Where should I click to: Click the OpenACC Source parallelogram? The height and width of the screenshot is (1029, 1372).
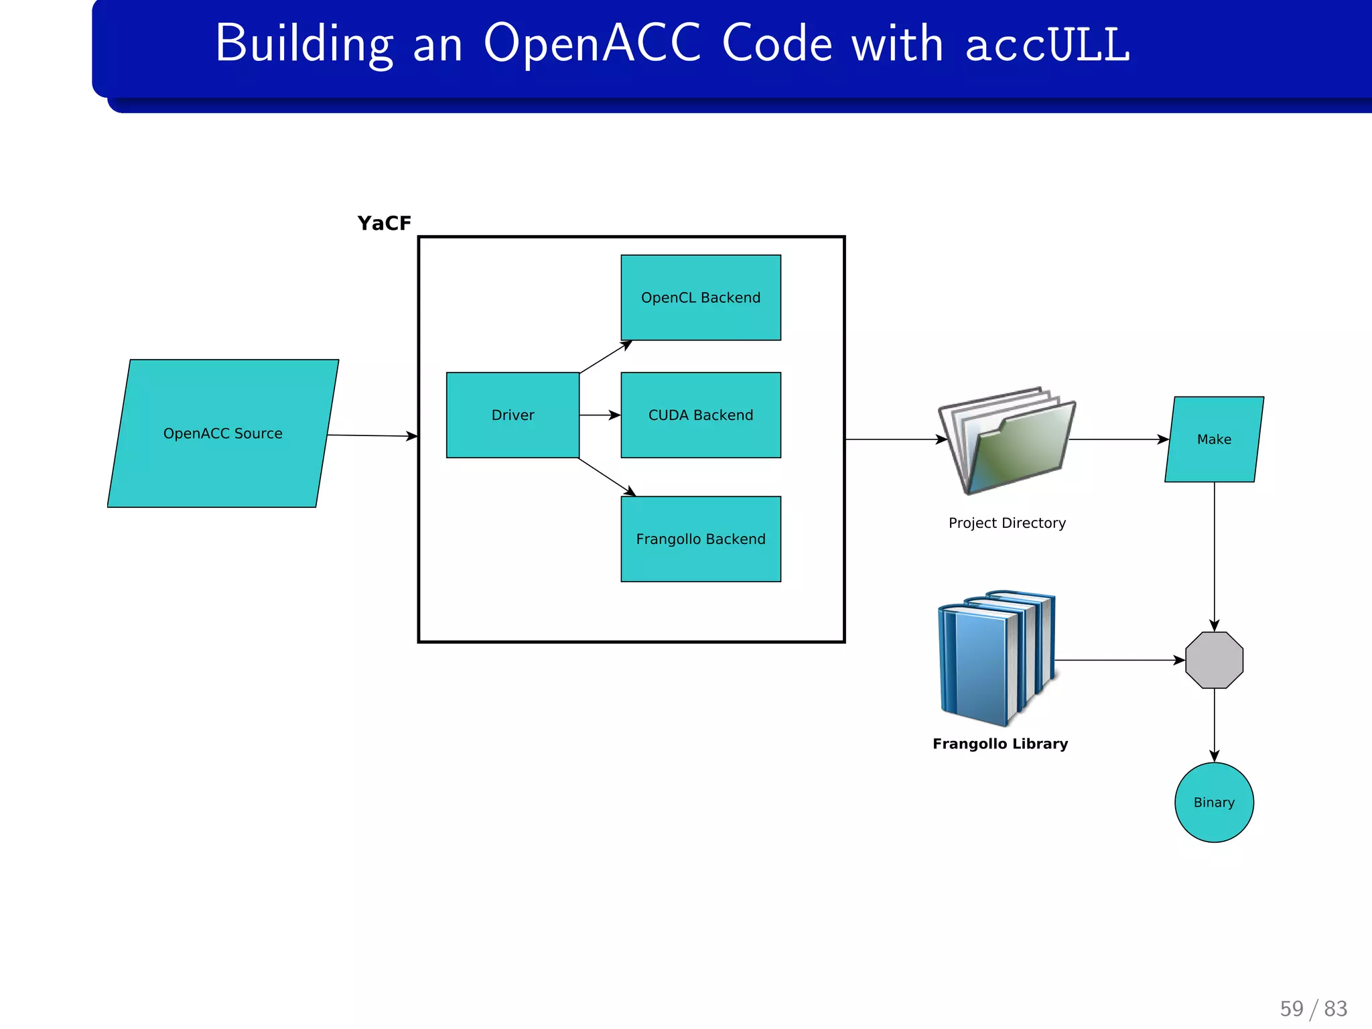tap(223, 433)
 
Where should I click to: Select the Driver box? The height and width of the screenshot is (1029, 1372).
tap(512, 415)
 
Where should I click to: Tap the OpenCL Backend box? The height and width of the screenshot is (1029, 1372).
tap(701, 297)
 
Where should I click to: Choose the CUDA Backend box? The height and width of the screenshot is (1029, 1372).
tap(701, 415)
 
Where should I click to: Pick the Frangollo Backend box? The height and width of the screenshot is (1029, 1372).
tap(701, 539)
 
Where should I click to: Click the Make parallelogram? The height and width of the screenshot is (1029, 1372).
tap(1214, 439)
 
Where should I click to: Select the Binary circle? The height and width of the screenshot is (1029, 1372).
tap(1214, 802)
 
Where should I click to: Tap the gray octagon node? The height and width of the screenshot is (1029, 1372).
tap(1214, 660)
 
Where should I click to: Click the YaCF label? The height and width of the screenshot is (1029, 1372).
tap(384, 223)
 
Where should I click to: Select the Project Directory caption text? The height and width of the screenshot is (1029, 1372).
tap(1007, 523)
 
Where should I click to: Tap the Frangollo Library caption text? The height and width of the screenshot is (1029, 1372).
tap(1000, 744)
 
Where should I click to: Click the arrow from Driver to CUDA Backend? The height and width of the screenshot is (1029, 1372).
tap(600, 415)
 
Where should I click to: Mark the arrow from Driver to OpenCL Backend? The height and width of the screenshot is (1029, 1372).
tap(606, 357)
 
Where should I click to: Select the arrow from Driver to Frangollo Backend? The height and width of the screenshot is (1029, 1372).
tap(607, 477)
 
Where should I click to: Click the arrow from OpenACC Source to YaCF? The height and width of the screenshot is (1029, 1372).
tap(372, 435)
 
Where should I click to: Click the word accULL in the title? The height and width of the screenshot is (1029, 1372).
tap(1048, 44)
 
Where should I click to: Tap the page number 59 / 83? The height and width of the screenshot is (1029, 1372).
tap(1313, 1009)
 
